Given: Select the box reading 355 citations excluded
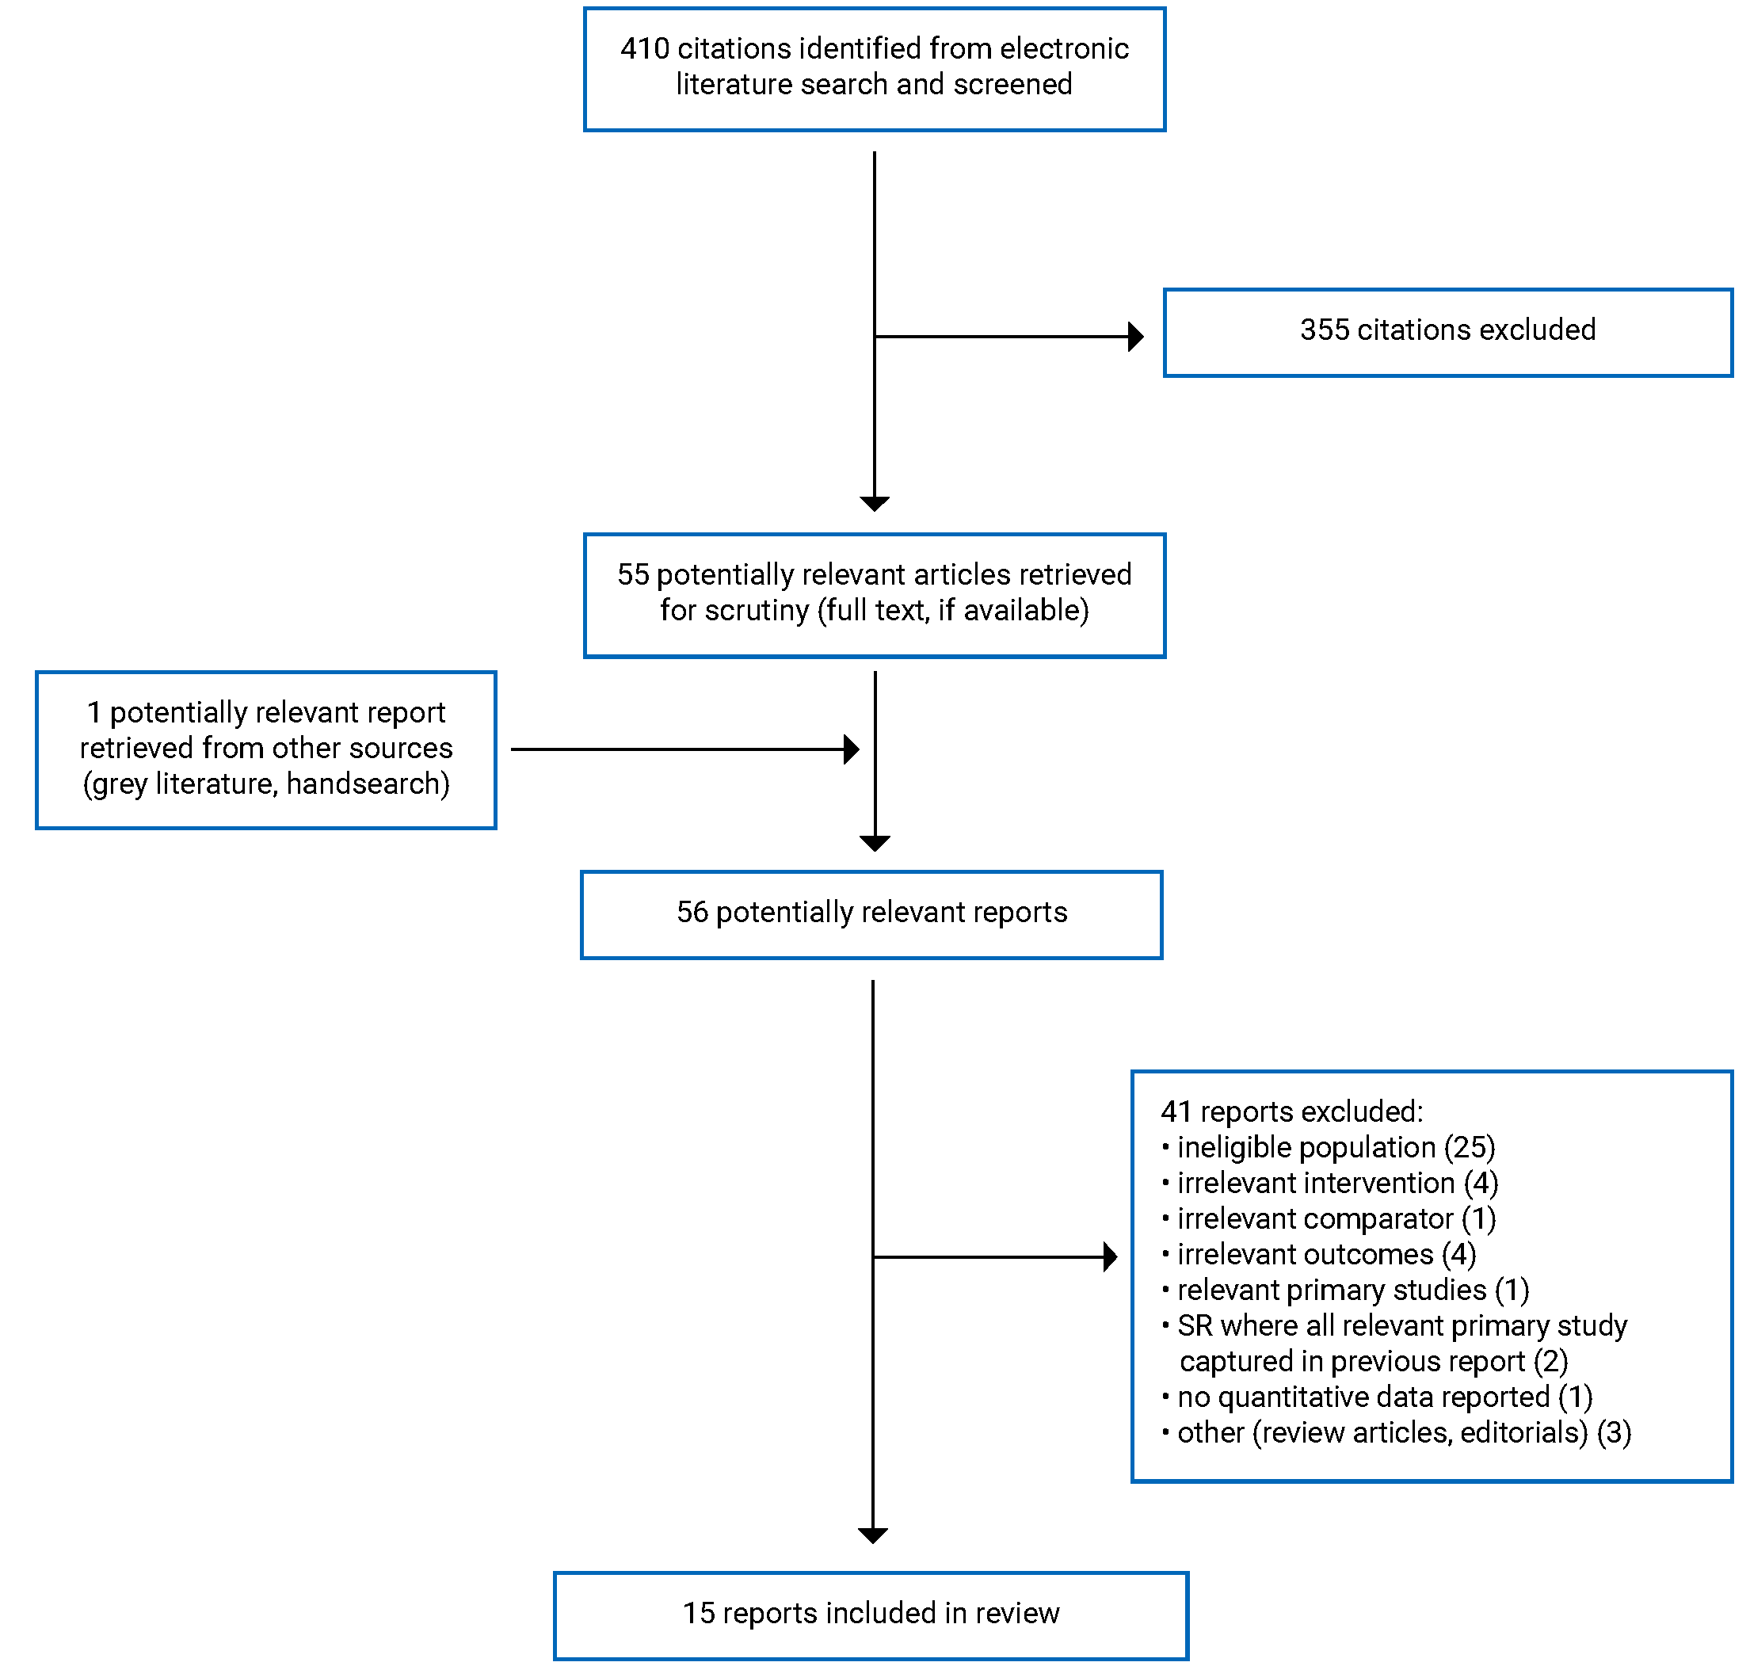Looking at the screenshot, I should (x=1447, y=332).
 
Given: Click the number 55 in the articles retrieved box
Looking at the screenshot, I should (x=633, y=574).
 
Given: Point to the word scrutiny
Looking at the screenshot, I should (x=757, y=611).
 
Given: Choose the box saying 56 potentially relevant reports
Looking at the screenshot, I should (x=871, y=915).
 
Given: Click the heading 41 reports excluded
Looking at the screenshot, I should (x=1291, y=1111).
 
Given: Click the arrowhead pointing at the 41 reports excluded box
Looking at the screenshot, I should (x=1109, y=1256).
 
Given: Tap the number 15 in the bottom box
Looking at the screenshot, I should (x=698, y=1613).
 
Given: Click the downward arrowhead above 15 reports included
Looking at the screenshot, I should (x=872, y=1535).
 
